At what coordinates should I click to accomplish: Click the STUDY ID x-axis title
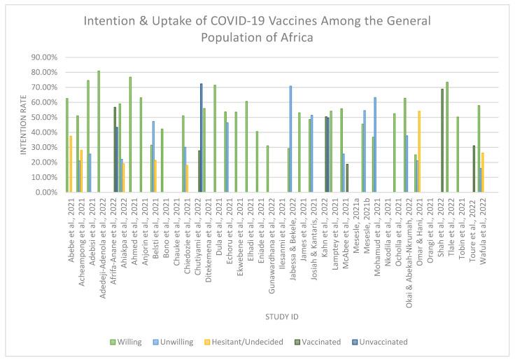tap(282, 317)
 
